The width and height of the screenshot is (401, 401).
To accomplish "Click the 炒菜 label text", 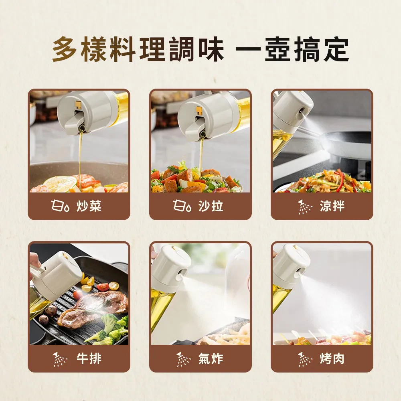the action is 89,206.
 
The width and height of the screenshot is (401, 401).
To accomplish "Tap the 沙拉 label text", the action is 211,206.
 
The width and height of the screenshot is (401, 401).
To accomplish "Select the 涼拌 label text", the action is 332,206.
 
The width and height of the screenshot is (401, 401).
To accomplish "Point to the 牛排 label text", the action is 89,358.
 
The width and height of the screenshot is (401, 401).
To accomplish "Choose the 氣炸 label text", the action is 211,358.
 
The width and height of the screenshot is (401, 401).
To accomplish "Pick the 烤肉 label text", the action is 332,358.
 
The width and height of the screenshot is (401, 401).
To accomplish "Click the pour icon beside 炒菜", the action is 60,206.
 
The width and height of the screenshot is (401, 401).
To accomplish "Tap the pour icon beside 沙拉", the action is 182,206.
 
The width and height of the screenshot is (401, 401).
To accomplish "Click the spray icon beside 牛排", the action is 60,359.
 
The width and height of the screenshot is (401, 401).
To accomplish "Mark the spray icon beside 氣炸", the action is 183,359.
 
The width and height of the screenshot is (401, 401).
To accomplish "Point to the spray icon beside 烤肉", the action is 305,359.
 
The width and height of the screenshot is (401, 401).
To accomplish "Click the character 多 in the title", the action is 65,49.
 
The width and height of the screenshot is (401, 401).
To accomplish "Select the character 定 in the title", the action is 336,49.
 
